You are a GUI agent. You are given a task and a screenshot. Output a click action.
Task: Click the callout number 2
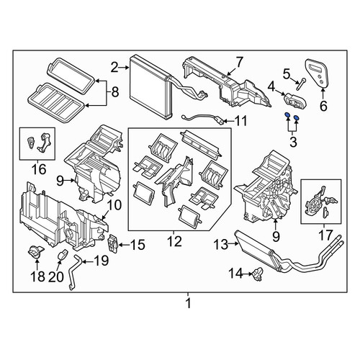pyautogui.click(x=114, y=68)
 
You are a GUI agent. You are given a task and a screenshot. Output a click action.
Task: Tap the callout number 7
pyautogui.click(x=239, y=62)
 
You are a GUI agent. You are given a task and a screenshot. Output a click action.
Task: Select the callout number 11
pyautogui.click(x=240, y=121)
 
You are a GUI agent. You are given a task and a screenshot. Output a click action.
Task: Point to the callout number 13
pyautogui.click(x=220, y=245)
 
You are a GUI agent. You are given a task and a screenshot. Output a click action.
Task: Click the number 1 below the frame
pyautogui.click(x=189, y=303)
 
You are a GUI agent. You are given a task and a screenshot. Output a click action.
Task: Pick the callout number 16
pyautogui.click(x=39, y=169)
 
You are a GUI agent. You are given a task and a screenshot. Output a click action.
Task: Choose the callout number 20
pyautogui.click(x=56, y=276)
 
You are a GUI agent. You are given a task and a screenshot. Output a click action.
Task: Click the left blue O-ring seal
pyautogui.click(x=287, y=116)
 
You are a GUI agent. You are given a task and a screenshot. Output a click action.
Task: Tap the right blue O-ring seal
pyautogui.click(x=296, y=117)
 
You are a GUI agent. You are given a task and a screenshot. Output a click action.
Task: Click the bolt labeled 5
pyautogui.click(x=301, y=84)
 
